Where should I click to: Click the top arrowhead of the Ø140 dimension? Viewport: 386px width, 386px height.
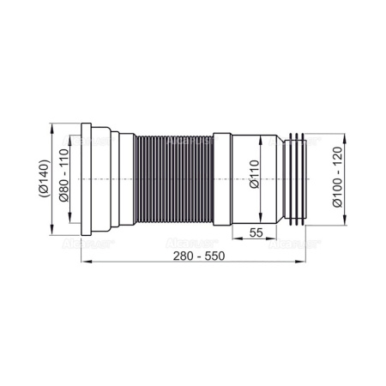point(56,129)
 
